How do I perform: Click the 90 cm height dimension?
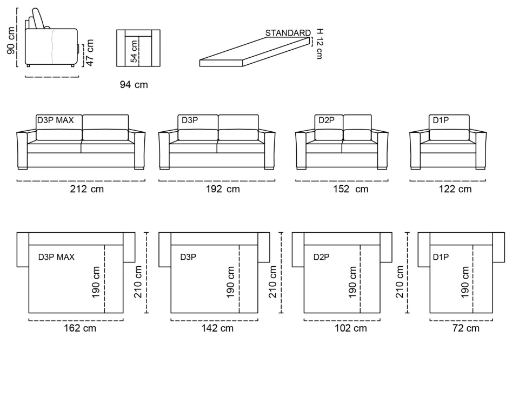(x=11, y=40)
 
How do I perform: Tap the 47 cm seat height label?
(x=90, y=52)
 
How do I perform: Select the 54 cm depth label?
(x=134, y=51)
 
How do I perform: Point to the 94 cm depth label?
(x=134, y=85)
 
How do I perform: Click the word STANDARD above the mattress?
(x=288, y=33)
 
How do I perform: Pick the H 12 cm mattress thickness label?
(x=320, y=44)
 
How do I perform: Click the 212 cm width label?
(x=86, y=189)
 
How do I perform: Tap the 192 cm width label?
(x=223, y=189)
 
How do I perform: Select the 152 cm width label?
(x=351, y=189)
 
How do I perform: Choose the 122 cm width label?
(x=455, y=189)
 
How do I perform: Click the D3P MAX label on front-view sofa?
(x=55, y=120)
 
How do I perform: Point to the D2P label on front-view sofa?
(x=327, y=120)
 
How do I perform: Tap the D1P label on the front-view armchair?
(x=441, y=120)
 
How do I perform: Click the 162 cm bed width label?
(x=80, y=328)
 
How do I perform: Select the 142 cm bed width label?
(x=217, y=328)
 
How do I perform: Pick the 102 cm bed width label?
(x=351, y=328)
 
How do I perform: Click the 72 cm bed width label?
(x=465, y=328)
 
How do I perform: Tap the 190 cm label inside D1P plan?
(x=465, y=282)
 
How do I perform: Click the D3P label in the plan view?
(x=188, y=257)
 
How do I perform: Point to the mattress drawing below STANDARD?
(x=255, y=52)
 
